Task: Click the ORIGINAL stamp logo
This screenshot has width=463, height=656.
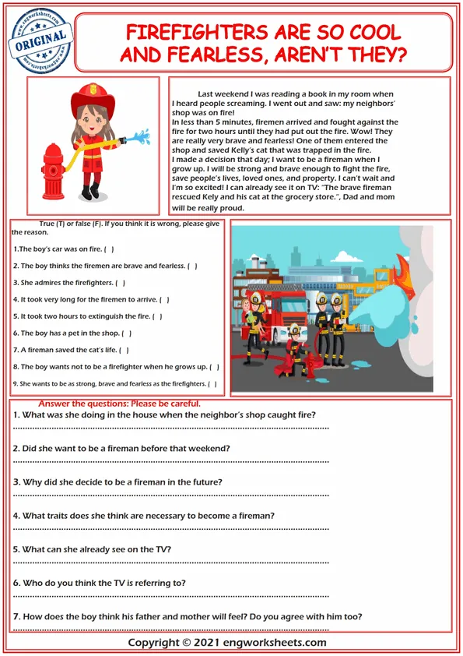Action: click(40, 41)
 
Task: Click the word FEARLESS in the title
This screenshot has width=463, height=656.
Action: click(217, 55)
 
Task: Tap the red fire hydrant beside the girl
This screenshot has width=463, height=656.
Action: click(53, 171)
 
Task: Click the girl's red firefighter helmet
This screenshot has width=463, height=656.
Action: click(93, 98)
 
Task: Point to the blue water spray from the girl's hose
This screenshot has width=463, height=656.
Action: click(140, 137)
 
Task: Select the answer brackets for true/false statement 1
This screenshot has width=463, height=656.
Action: click(109, 249)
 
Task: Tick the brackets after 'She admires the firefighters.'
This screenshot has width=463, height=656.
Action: click(121, 283)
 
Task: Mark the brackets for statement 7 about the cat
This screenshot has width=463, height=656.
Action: click(124, 350)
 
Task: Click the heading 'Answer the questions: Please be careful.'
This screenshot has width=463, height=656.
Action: click(120, 404)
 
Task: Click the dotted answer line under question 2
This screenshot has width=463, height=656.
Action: click(171, 462)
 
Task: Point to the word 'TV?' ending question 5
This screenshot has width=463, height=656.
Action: click(162, 549)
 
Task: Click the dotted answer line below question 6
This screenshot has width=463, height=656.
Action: click(171, 596)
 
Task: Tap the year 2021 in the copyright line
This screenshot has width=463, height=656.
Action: click(206, 643)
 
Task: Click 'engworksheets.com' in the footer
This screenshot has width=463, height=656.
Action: click(275, 643)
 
